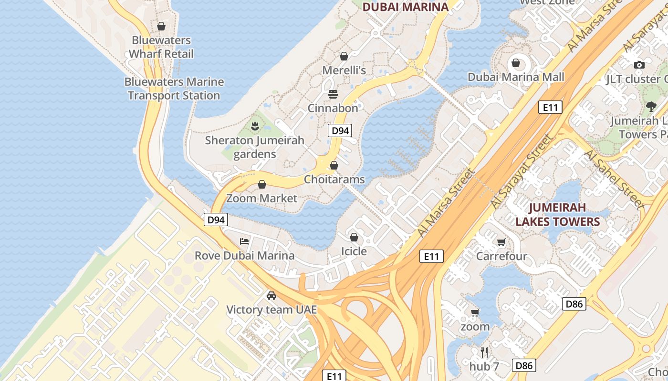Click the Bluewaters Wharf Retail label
point(161,47)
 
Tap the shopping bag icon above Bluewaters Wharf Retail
point(161,26)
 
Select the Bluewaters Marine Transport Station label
point(174,89)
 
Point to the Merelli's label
point(344,70)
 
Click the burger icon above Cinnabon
point(333,94)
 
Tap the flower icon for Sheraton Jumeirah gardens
point(255,126)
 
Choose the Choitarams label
point(334,180)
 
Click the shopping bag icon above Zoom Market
point(262,184)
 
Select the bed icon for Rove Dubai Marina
point(244,241)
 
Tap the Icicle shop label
point(354,251)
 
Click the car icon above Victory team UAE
point(271,296)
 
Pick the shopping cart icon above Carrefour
point(501,242)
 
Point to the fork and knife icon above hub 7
point(484,352)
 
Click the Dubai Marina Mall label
point(516,77)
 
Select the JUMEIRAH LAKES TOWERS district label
point(557,215)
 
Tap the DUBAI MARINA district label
point(406,7)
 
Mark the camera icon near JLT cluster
point(639,65)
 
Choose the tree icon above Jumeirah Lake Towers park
point(651,106)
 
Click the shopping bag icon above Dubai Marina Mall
point(516,63)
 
